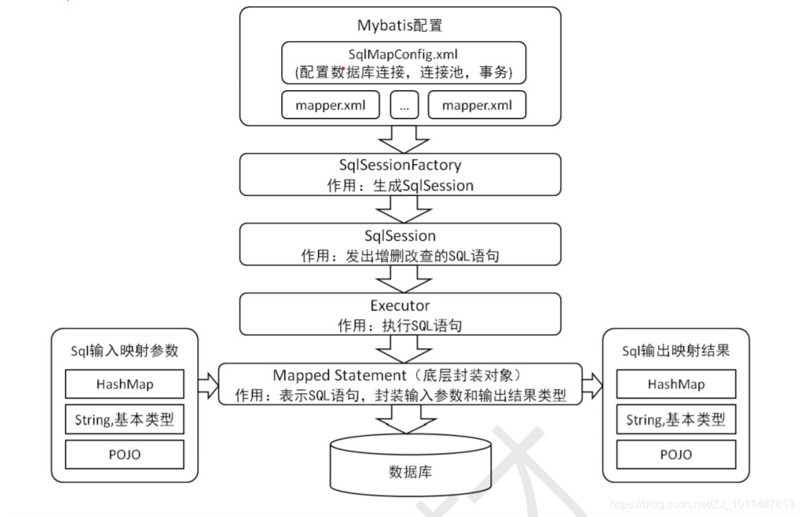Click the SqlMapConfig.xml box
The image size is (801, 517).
point(404,62)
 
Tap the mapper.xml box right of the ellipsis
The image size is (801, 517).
point(477,105)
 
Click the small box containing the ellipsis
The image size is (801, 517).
point(404,105)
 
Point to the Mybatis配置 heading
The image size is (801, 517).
point(400,26)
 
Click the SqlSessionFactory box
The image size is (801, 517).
point(400,175)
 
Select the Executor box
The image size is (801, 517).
point(400,314)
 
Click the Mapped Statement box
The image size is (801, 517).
point(400,384)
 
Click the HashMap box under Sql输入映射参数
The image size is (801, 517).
point(125,385)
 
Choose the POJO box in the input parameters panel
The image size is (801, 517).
point(125,454)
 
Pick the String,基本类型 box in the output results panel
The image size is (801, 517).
point(676,420)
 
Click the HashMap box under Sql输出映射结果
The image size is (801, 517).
point(676,385)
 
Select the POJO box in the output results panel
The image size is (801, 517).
point(676,454)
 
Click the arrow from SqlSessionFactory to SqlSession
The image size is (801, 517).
point(400,209)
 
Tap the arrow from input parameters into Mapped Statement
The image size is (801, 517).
point(209,385)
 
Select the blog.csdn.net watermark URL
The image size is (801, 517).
point(702,504)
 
